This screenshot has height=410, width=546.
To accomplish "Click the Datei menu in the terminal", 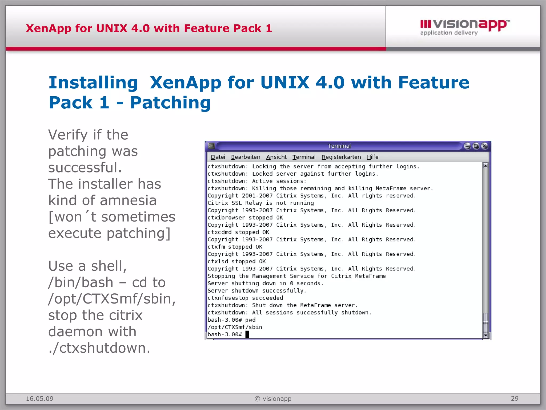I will [x=218, y=157].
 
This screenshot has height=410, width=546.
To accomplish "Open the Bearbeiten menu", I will [x=246, y=157].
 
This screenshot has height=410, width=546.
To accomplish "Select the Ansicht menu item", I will [x=276, y=157].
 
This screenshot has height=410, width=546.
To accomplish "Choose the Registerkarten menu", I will [x=341, y=157].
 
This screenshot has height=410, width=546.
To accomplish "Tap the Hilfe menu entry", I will [x=372, y=157].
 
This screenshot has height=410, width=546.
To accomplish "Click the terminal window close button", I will [x=484, y=146].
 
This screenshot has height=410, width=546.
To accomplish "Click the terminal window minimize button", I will [x=467, y=146].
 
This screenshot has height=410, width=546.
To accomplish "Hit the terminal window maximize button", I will [x=476, y=146].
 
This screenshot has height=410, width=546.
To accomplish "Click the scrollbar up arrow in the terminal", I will [x=485, y=166].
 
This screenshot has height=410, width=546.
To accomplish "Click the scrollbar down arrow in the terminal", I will [x=485, y=335].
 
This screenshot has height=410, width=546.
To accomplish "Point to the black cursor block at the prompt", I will [x=247, y=334].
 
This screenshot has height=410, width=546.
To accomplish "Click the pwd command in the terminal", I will [x=250, y=320].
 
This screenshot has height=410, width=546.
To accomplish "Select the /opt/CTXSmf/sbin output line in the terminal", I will [x=235, y=327].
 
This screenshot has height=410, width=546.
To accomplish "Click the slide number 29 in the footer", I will [x=515, y=399].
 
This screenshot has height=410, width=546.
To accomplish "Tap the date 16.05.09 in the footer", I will [x=39, y=399].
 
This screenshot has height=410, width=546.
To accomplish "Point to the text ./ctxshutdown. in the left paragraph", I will [x=99, y=348].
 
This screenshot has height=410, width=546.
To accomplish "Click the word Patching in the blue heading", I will [x=170, y=103].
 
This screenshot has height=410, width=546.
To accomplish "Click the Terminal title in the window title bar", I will [x=339, y=146].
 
